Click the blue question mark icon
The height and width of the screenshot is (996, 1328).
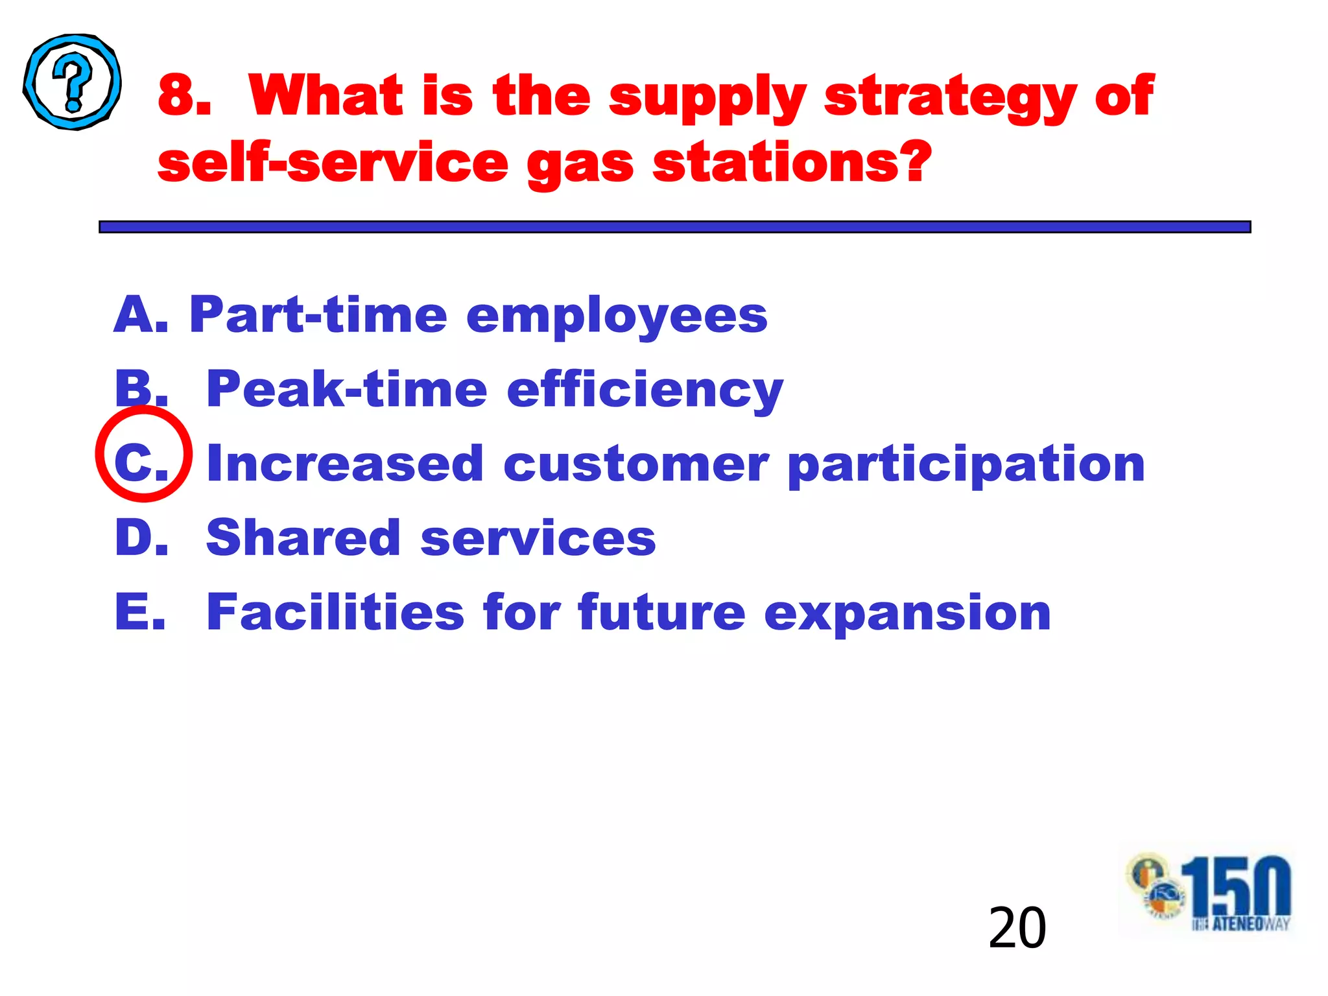(72, 82)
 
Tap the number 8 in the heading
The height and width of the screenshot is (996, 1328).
(184, 96)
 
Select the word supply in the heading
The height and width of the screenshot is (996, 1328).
(707, 97)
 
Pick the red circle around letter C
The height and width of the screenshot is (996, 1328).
(143, 454)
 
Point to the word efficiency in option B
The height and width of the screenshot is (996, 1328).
(645, 390)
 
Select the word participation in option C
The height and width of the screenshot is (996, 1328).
(966, 466)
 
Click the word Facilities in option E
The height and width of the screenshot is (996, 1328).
(335, 611)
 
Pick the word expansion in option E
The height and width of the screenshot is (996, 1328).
(907, 613)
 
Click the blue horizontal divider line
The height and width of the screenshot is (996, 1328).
(674, 227)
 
